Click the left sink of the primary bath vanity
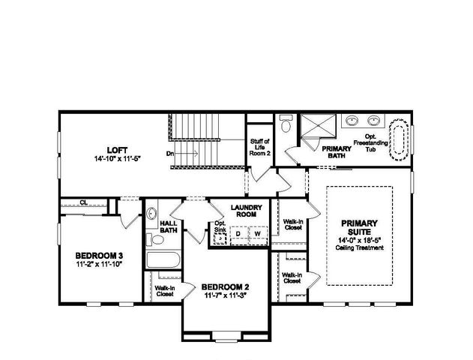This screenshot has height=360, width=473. tap(352, 121)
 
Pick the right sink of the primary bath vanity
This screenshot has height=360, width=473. tap(373, 121)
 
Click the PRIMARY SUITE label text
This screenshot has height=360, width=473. tap(360, 227)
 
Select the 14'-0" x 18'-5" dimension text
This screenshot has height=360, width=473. tap(360, 240)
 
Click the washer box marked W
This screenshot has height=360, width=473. tap(257, 234)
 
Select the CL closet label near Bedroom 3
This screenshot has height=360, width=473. tap(84, 202)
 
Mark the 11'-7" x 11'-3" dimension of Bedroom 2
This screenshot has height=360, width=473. tap(225, 294)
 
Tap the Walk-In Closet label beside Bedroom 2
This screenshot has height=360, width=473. tap(163, 290)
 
